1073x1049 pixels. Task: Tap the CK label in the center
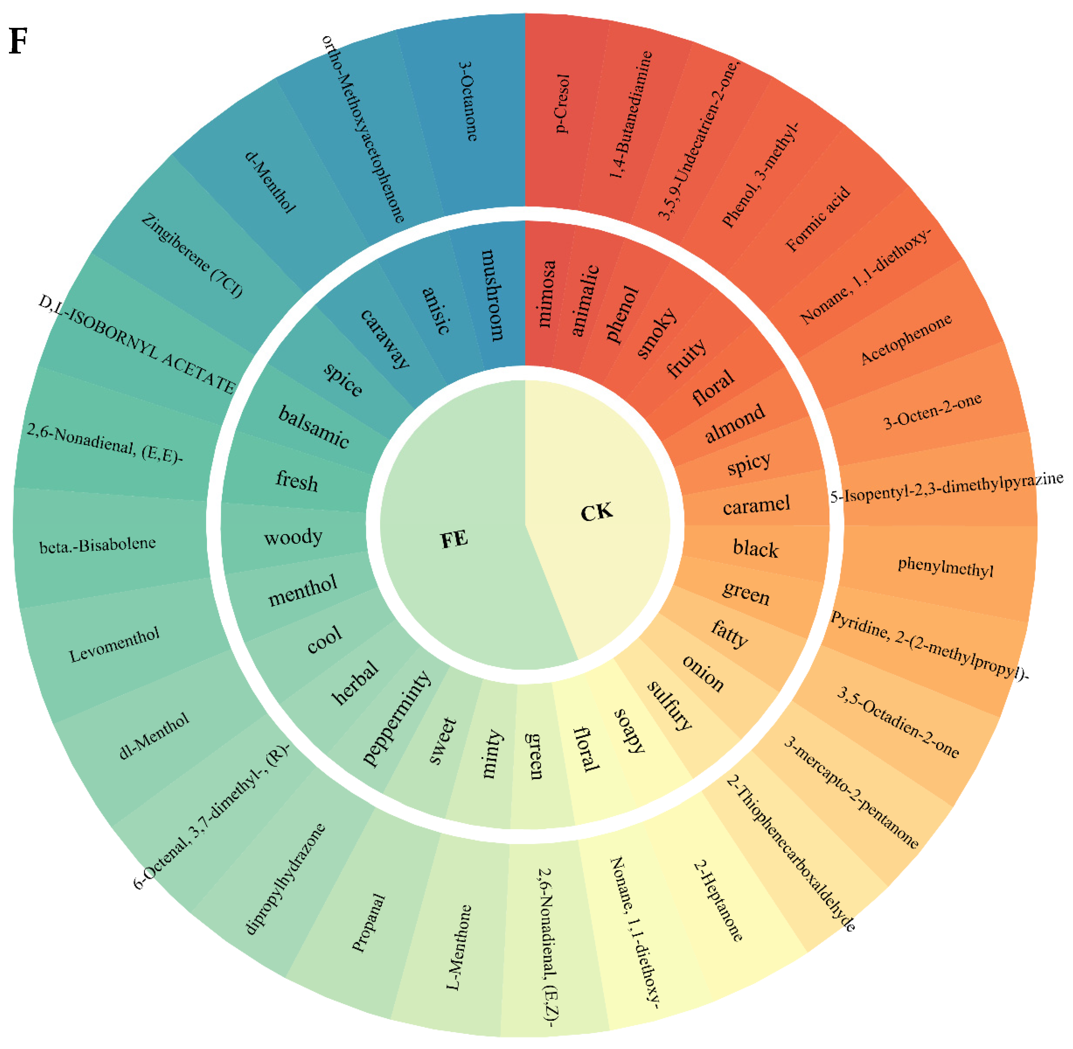pos(597,512)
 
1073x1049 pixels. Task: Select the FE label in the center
pos(454,539)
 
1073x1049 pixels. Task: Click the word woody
pos(293,537)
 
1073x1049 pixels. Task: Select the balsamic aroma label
pos(313,427)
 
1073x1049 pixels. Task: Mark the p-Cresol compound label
pos(562,103)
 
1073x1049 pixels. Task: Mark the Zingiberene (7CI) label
pos(192,255)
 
